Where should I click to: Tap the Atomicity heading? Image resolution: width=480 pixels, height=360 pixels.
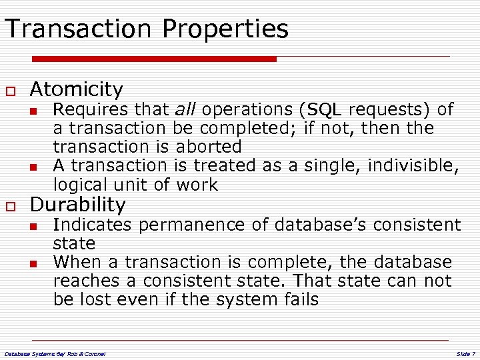pyautogui.click(x=77, y=89)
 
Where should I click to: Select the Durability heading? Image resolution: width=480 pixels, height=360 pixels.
pyautogui.click(x=78, y=205)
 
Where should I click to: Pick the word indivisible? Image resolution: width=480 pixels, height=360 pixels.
pyautogui.click(x=411, y=165)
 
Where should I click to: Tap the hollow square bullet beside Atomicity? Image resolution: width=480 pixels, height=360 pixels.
pyautogui.click(x=11, y=90)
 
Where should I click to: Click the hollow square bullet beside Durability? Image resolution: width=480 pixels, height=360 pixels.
pyautogui.click(x=11, y=206)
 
